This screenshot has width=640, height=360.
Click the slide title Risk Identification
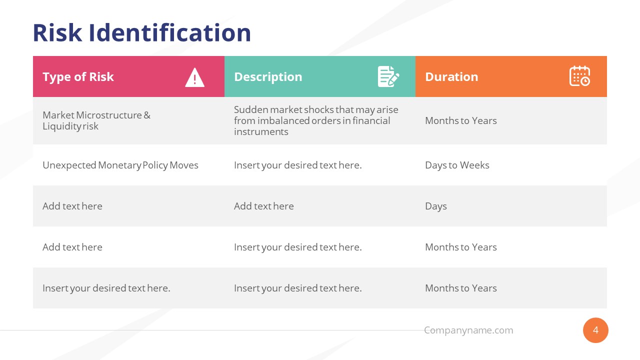(141, 33)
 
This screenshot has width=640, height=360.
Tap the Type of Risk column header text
(78, 77)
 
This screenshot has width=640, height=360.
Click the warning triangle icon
(194, 77)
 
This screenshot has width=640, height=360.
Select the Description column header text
(268, 77)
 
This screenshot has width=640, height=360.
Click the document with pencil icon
(388, 76)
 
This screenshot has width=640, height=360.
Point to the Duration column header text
(451, 77)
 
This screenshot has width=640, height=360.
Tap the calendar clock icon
(579, 76)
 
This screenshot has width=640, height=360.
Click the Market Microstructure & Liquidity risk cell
(96, 120)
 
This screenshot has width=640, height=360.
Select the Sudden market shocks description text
(316, 120)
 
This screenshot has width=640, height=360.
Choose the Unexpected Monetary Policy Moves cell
(120, 165)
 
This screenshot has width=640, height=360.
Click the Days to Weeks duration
(457, 165)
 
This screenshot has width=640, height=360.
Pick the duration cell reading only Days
(436, 206)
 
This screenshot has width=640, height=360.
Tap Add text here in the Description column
(264, 206)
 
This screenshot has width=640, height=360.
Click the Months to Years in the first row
(461, 121)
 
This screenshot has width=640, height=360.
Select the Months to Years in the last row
(461, 288)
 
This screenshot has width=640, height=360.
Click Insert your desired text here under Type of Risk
(106, 288)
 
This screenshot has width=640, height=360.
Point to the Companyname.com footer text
(468, 330)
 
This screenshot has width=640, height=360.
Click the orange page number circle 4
(595, 330)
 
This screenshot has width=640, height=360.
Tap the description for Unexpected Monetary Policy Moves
(297, 165)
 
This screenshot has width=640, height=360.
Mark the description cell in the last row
(297, 288)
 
